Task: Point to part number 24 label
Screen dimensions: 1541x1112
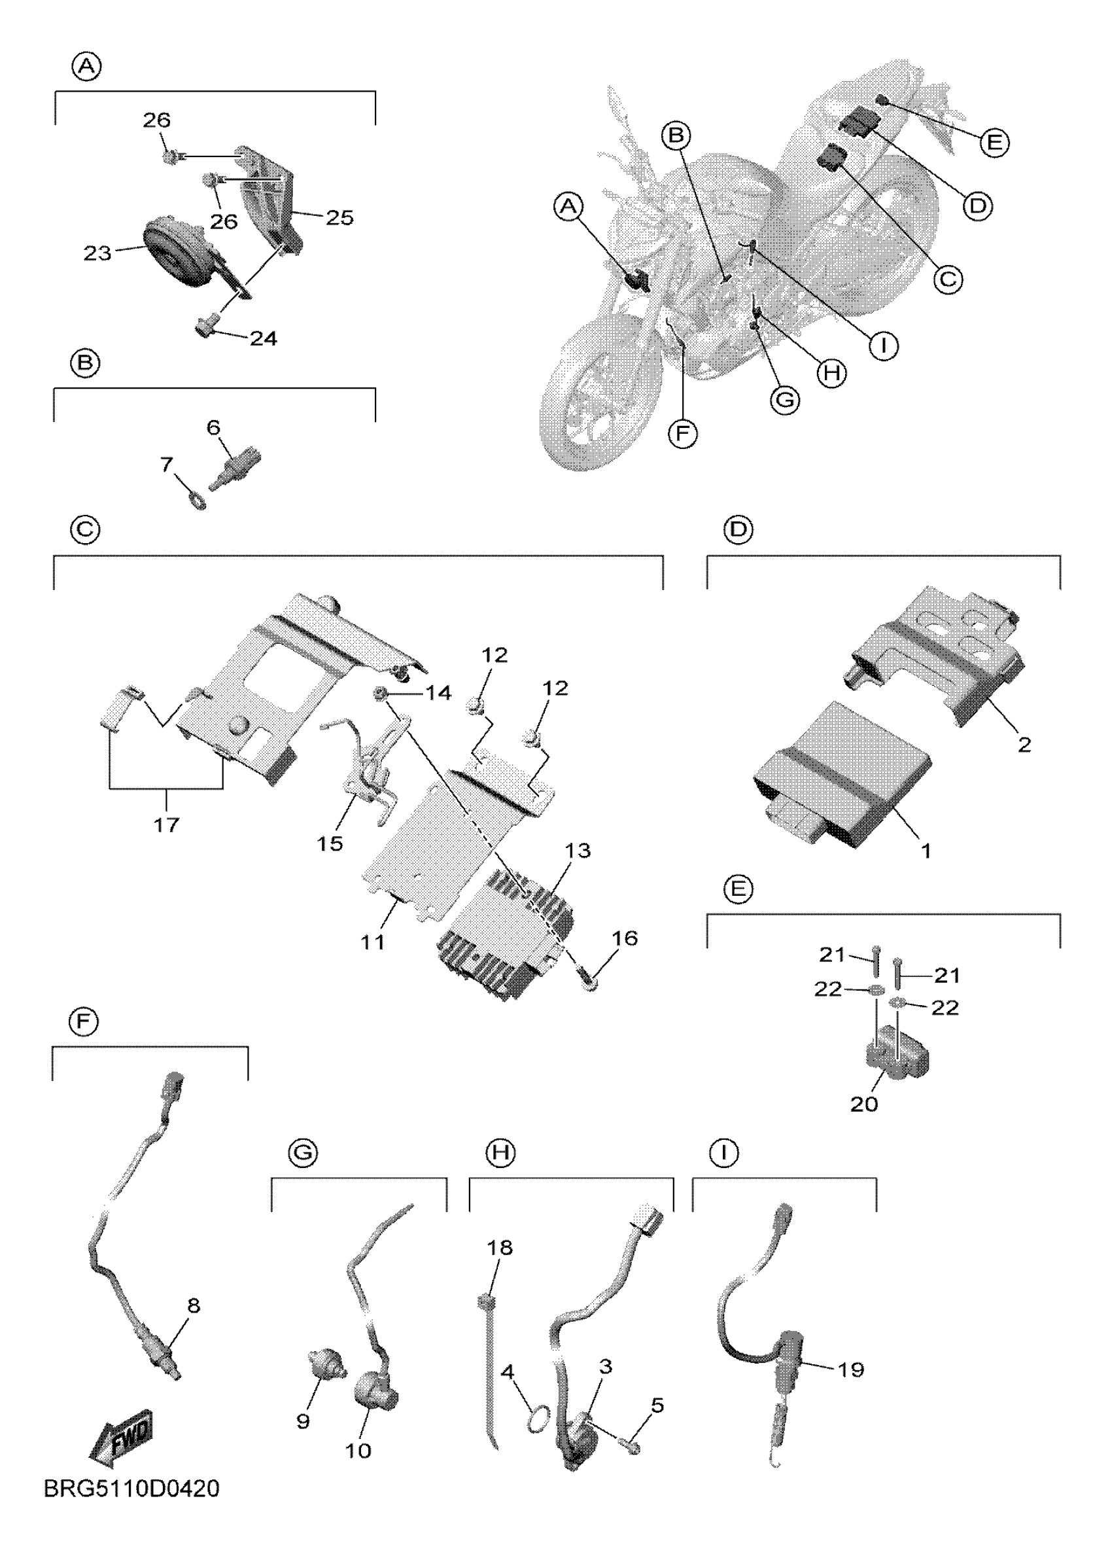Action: (x=263, y=338)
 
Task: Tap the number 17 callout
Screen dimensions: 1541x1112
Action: (x=166, y=825)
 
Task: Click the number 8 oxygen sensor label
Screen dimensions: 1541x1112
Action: (x=194, y=1305)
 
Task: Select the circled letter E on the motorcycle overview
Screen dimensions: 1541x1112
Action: (x=994, y=143)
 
